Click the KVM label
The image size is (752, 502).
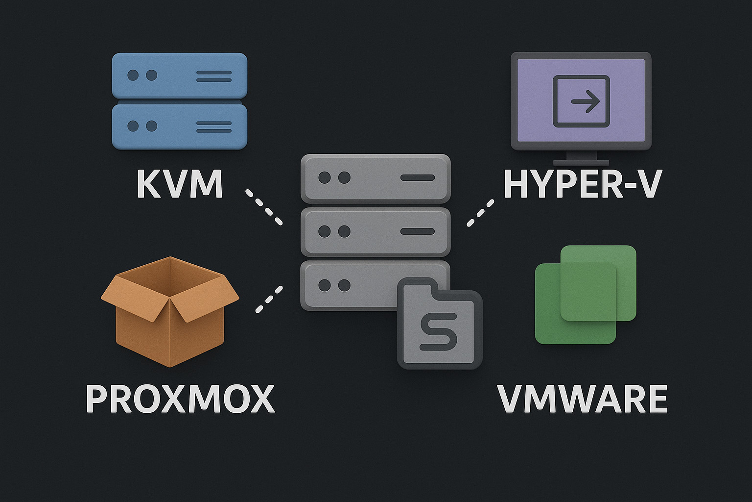180,184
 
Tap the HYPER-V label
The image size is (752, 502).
583,184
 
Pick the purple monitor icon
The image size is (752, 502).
581,101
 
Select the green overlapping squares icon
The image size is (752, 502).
586,294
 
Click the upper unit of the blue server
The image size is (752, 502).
179,76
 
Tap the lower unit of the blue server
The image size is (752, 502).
179,126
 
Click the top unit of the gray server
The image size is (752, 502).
375,178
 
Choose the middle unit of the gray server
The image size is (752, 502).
375,231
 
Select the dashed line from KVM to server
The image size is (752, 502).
264,207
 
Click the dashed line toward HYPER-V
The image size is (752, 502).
480,213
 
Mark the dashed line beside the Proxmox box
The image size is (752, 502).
269,299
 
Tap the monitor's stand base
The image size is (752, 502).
581,162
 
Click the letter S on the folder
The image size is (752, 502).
439,333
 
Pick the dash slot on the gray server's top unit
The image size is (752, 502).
417,178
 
